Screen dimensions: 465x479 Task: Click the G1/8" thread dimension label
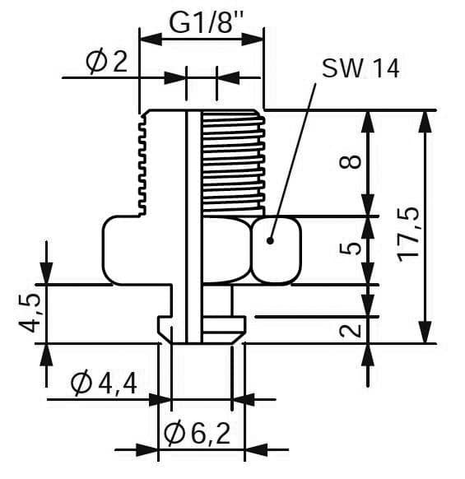tap(206, 22)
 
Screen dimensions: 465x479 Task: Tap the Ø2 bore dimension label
tap(106, 62)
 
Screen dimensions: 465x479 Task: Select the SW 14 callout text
tap(360, 68)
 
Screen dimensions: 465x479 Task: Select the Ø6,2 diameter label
tap(197, 434)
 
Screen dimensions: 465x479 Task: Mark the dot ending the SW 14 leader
tap(270, 240)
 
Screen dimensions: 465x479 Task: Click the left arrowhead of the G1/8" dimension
tap(151, 40)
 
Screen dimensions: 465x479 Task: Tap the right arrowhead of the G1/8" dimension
tap(253, 40)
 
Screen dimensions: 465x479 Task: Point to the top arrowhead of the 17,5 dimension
tap(425, 122)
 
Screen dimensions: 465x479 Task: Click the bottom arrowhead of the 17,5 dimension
tap(425, 332)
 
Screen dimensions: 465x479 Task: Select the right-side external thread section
tap(233, 163)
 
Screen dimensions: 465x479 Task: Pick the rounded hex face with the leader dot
tap(277, 250)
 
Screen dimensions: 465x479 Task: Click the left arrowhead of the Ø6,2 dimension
tap(147, 449)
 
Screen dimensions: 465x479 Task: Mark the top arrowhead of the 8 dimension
tap(368, 122)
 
